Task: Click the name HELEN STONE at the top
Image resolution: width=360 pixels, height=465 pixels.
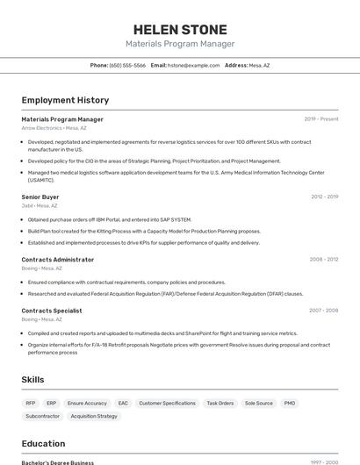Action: (x=180, y=29)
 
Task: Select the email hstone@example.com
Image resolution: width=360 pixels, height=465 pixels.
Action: (x=193, y=66)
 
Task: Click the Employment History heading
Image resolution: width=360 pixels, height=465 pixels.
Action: (x=65, y=100)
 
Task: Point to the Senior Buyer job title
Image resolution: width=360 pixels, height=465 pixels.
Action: (x=40, y=197)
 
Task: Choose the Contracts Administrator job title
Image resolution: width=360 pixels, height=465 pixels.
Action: (x=58, y=260)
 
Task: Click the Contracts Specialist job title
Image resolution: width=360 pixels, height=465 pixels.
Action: (x=52, y=311)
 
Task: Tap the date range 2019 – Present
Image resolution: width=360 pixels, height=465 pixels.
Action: (x=320, y=119)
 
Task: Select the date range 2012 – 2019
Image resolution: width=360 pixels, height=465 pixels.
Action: (x=324, y=197)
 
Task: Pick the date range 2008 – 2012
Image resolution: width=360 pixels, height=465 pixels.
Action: (x=324, y=260)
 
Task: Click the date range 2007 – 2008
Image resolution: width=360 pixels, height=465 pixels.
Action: (x=324, y=311)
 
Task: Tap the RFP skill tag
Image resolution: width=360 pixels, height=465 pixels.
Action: (x=30, y=404)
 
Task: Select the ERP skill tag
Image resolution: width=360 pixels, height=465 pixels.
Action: (x=52, y=404)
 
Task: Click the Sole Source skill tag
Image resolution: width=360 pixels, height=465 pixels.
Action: (x=258, y=404)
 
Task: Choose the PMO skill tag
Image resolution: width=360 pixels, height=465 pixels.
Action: (x=290, y=404)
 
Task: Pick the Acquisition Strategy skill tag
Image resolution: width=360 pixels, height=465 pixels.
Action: (x=94, y=416)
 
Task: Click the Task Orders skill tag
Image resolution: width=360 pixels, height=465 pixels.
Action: (x=220, y=404)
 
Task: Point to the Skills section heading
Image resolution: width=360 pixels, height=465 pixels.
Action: (x=33, y=380)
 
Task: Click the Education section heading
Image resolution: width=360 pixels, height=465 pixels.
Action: (x=44, y=444)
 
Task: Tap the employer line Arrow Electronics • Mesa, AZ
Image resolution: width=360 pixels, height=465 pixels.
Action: (x=54, y=128)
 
